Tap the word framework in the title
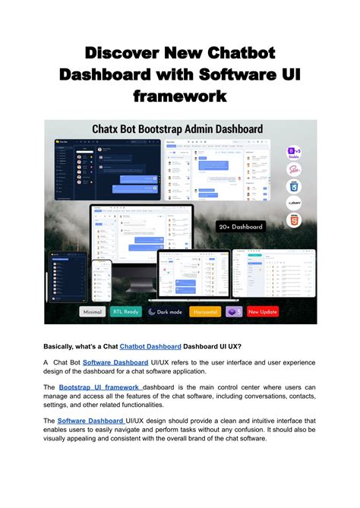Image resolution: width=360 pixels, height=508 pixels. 180,96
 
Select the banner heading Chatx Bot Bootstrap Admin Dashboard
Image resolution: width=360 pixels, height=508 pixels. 178,130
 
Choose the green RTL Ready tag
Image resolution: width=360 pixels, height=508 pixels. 126,311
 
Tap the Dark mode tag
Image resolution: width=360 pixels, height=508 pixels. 166,311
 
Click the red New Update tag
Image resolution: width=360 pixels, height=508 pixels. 262,311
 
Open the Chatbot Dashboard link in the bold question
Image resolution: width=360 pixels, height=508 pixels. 150,346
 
